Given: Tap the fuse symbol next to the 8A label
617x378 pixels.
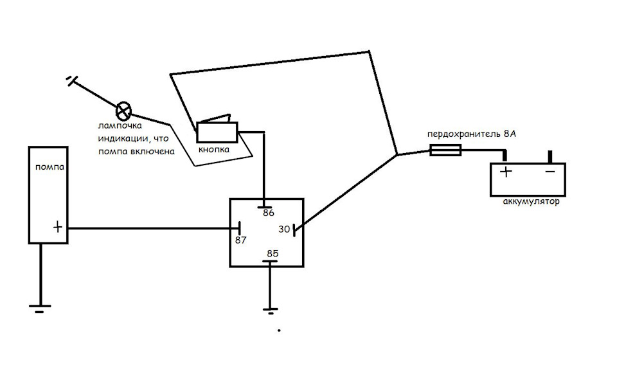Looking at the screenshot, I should (x=445, y=151).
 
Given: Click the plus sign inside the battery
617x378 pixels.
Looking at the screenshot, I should (x=505, y=172).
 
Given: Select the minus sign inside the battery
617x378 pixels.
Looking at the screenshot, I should (x=550, y=172).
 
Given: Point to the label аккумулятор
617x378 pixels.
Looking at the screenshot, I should (x=532, y=201).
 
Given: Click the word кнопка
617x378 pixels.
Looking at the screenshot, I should (x=214, y=150).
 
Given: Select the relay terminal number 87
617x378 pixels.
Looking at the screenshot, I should (x=241, y=240).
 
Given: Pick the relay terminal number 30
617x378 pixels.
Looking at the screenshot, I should (x=284, y=229).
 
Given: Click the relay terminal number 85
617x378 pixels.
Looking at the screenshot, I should (x=273, y=253).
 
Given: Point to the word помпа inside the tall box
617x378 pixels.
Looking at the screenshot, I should (x=49, y=167).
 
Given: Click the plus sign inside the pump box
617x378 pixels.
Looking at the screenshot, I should (x=57, y=227).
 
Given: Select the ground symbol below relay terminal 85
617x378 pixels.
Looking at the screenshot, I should (x=271, y=310).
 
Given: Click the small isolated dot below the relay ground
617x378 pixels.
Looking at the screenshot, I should (x=279, y=331).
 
